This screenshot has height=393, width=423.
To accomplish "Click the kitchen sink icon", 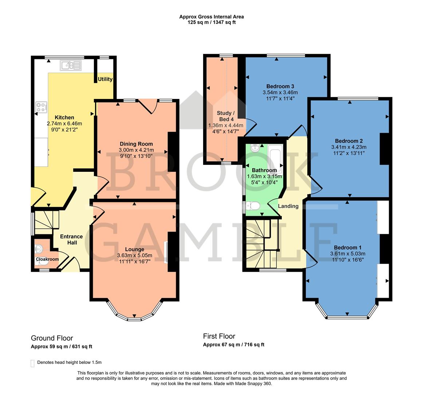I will (71, 65).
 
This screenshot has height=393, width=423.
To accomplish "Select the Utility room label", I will (105, 79).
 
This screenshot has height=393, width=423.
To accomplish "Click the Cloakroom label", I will (47, 259).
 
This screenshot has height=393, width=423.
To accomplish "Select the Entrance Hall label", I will (71, 239).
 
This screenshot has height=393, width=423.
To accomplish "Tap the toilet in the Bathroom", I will (252, 207).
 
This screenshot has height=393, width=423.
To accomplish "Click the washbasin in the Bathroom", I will (256, 148).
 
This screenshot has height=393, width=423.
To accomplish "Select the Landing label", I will (288, 206).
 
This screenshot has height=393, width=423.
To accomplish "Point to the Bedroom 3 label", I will (280, 86).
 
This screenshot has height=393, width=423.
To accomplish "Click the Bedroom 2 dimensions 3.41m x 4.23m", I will (348, 147).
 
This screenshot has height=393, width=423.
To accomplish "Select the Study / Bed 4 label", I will (226, 116).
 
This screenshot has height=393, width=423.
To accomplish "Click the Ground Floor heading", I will (52, 338).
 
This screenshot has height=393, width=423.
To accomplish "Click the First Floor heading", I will (219, 336).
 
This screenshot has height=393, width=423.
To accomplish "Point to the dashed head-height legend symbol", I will (33, 363).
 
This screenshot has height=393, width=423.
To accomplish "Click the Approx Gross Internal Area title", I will (211, 16).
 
